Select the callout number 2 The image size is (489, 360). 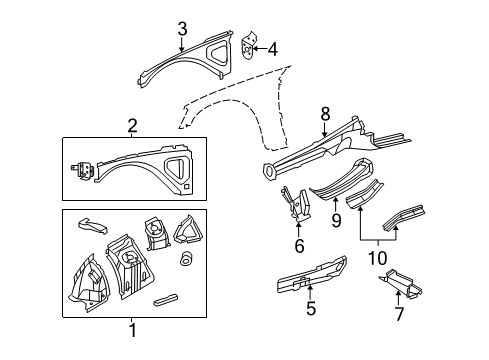(x=131, y=124)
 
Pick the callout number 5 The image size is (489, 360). (x=311, y=309)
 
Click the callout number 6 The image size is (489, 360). (x=299, y=247)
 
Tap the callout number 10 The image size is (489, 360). (x=377, y=259)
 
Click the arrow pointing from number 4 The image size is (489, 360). (x=260, y=46)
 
